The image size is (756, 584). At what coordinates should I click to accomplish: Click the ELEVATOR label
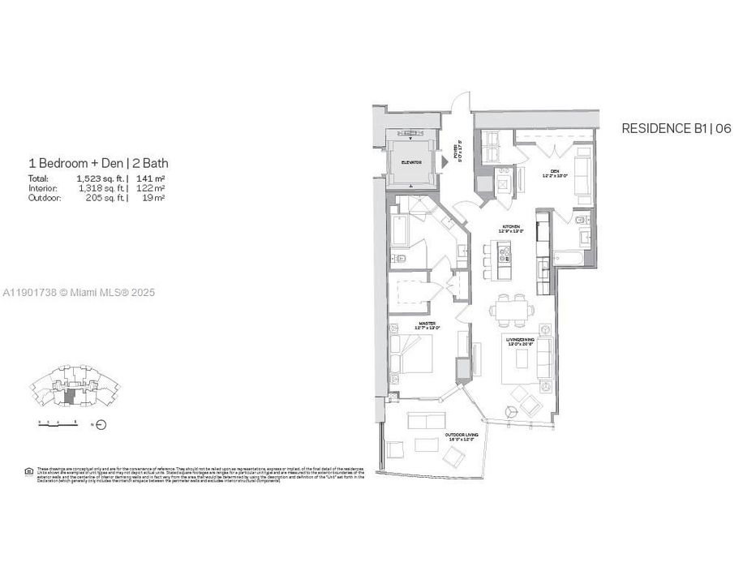pyautogui.click(x=411, y=162)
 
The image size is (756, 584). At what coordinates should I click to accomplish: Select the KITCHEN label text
pyautogui.click(x=511, y=228)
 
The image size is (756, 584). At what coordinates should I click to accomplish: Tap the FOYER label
pyautogui.click(x=457, y=152)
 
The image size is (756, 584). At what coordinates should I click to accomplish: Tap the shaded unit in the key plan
pyautogui.click(x=73, y=397)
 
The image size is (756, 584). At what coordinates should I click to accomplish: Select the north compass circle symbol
pyautogui.click(x=101, y=423)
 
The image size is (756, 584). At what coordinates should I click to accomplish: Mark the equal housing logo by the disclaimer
pyautogui.click(x=30, y=470)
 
